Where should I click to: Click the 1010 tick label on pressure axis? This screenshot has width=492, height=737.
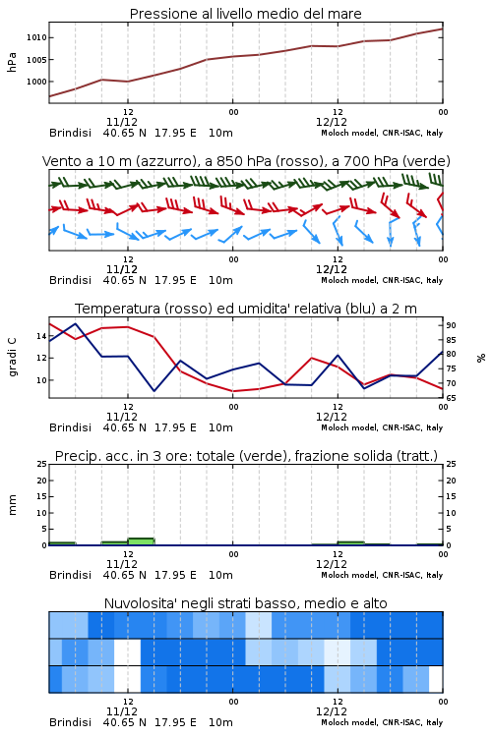36,37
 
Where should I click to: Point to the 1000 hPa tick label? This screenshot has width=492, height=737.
36,82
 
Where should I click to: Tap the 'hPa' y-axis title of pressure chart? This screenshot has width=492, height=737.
12,62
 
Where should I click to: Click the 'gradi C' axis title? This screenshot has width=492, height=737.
12,358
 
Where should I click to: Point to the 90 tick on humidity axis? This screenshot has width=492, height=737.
451,325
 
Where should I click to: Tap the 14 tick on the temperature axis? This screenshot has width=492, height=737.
41,336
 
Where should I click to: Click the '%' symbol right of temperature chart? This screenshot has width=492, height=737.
481,358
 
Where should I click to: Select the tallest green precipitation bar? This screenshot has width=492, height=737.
141,541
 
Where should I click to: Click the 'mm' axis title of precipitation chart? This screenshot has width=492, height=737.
12,505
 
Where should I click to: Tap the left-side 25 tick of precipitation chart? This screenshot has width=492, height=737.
41,465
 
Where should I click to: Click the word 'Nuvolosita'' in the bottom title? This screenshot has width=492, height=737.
135,603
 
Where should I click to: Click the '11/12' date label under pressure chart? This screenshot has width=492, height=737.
122,122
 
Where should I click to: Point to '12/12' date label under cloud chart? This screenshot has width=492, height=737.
332,711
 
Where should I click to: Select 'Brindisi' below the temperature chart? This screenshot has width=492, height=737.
70,427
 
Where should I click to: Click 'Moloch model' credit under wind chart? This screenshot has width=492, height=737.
349,281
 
